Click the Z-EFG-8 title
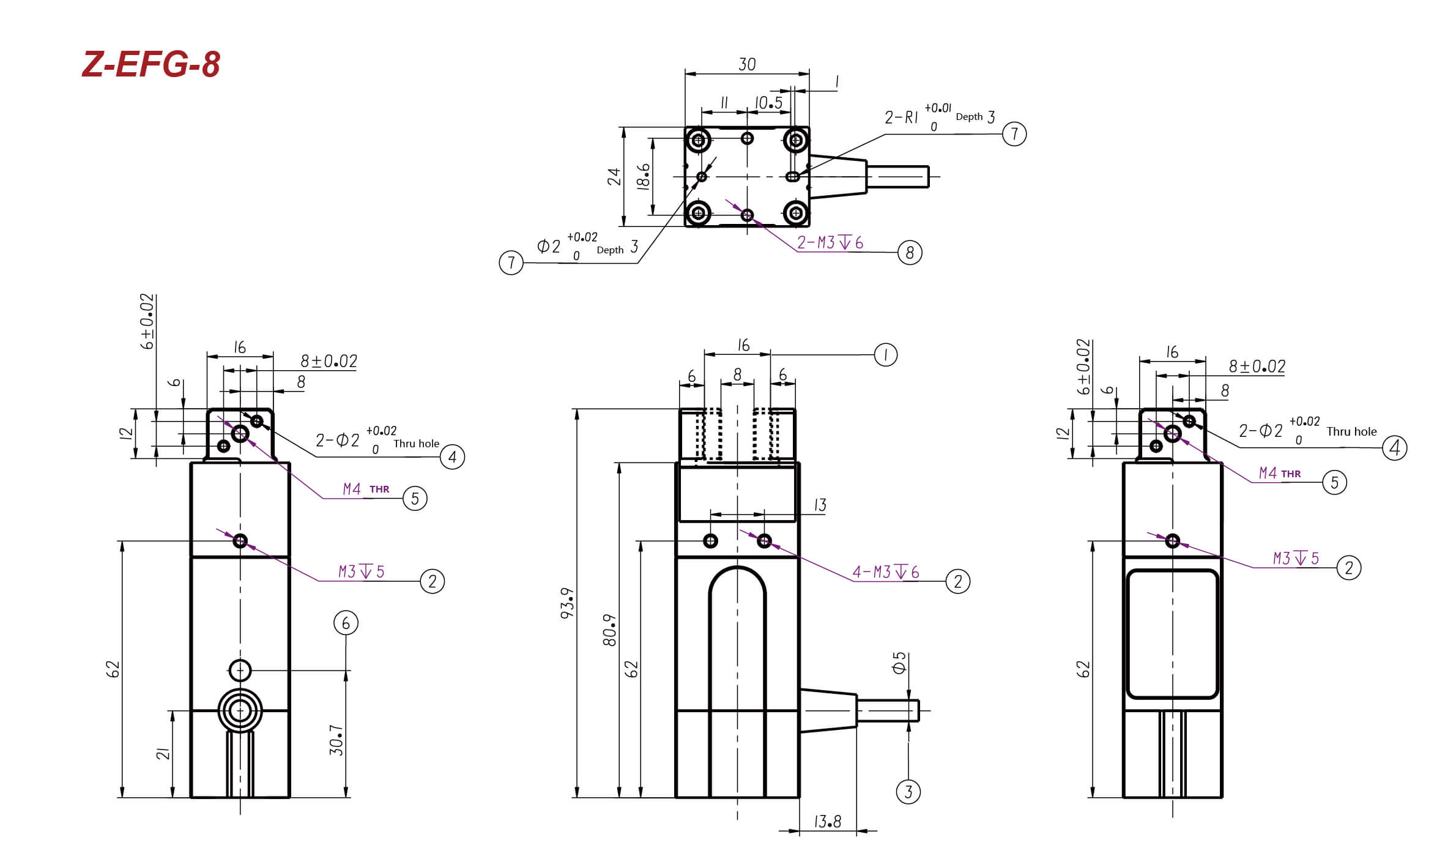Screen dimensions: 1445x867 pos(151,64)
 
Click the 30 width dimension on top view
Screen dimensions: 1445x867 pos(747,64)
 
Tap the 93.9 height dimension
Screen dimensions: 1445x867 pos(567,603)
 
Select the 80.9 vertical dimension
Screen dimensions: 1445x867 pos(609,630)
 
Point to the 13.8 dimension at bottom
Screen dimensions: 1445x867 pos(828,822)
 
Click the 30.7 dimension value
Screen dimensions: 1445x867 pos(336,740)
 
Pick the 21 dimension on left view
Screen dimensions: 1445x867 pos(163,754)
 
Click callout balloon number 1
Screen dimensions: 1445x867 pos(885,355)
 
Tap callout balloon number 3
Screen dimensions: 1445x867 pos(908,792)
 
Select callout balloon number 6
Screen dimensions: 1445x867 pos(346,623)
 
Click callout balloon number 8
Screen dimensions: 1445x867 pos(910,252)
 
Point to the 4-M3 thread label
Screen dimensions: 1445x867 pos(886,572)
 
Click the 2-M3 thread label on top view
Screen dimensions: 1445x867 pos(830,243)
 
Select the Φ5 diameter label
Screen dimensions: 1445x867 pos(899,663)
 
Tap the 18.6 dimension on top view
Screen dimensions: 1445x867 pos(643,177)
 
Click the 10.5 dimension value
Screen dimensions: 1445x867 pos(768,103)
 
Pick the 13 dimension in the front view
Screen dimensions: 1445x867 pos(820,505)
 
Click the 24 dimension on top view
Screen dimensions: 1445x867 pos(614,177)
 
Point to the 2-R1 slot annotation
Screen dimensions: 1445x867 pos(940,117)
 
